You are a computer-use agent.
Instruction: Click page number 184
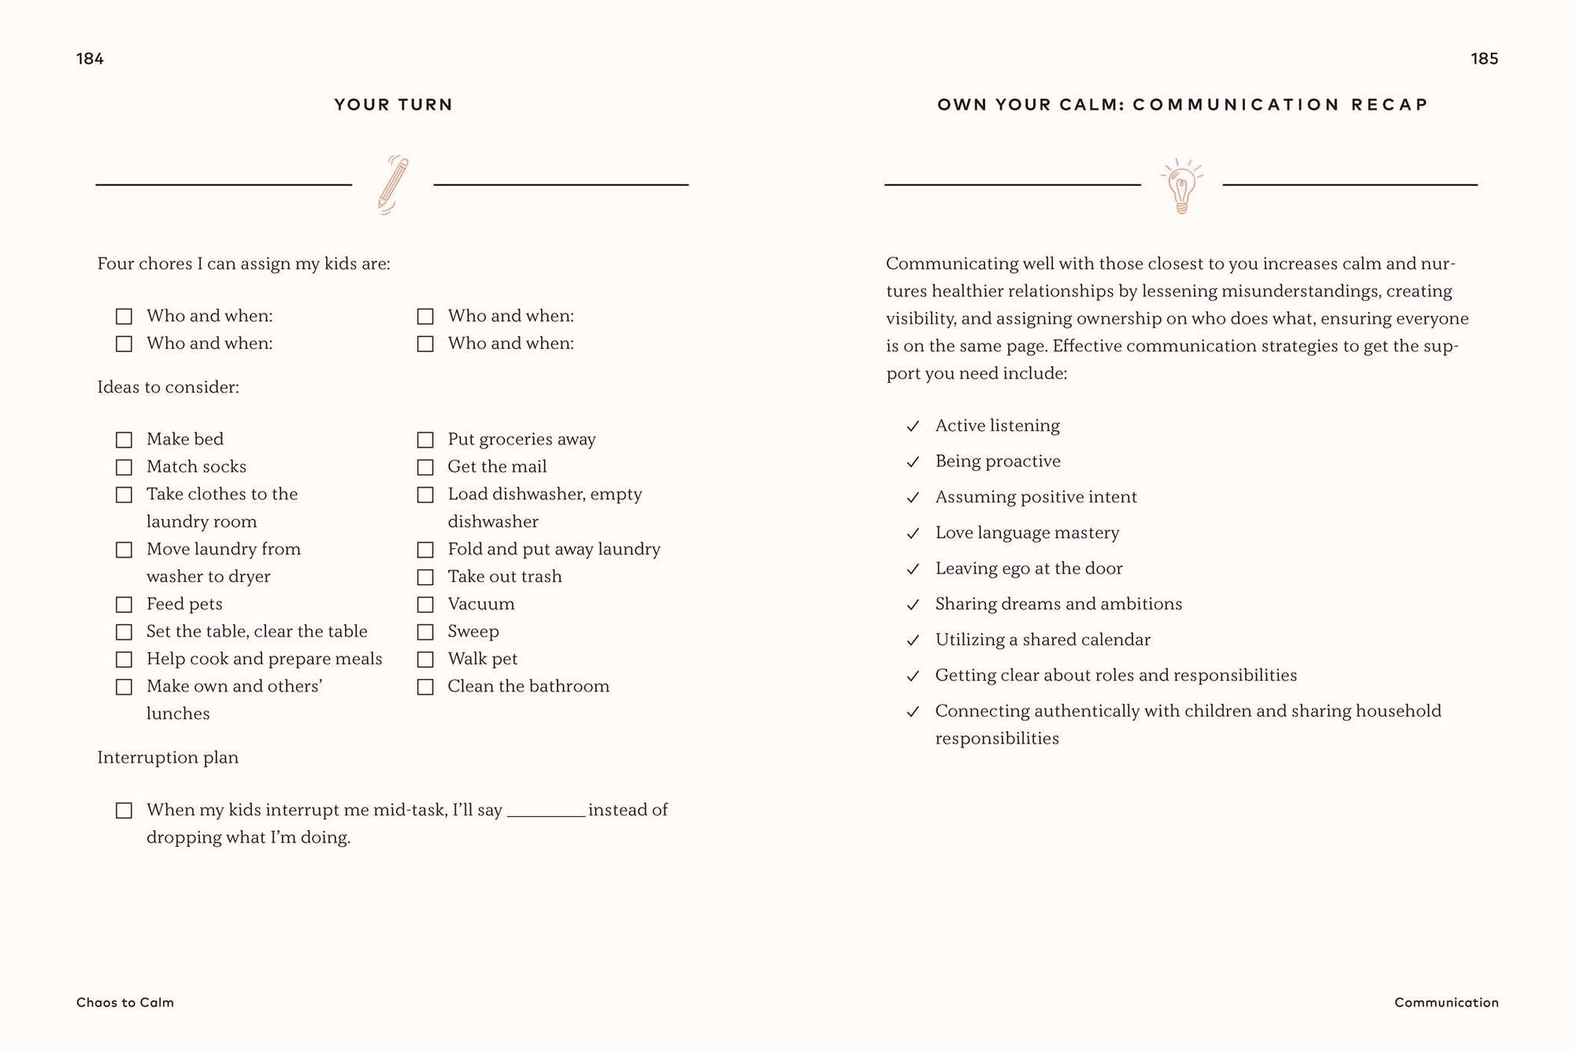click(90, 59)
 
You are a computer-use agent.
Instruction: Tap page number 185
click(1484, 59)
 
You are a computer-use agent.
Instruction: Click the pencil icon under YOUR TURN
click(393, 185)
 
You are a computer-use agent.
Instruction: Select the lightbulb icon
click(1181, 187)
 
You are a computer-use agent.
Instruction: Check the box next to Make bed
click(124, 440)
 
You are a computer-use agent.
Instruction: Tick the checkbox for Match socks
click(124, 467)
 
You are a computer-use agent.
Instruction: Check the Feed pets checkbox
click(124, 604)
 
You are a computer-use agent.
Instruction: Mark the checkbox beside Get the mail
click(425, 467)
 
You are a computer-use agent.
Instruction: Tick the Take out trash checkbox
click(425, 577)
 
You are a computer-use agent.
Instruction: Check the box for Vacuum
click(425, 604)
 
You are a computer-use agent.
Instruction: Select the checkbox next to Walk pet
click(425, 659)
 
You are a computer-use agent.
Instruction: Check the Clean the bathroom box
click(425, 687)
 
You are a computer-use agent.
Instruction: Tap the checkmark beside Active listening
click(913, 426)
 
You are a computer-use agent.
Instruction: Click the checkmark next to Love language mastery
click(913, 533)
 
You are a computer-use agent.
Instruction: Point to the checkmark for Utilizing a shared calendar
click(913, 640)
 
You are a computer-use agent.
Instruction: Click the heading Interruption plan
click(168, 758)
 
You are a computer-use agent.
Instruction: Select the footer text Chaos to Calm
click(125, 1002)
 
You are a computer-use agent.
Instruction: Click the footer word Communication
click(1446, 1002)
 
